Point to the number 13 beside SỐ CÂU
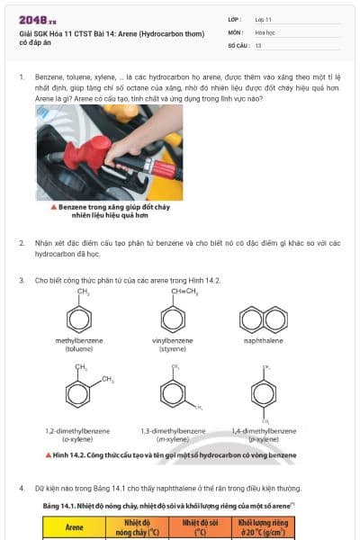[258, 44]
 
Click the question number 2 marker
[22, 243]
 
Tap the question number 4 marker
[22, 488]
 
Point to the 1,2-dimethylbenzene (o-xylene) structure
[81, 394]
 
